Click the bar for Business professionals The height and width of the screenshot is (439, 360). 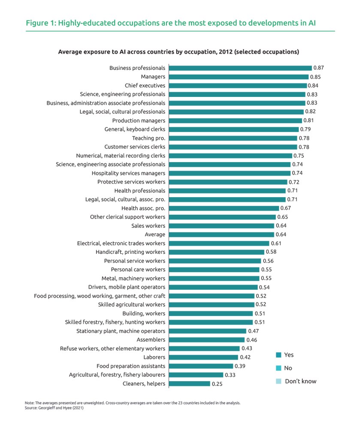tap(240, 68)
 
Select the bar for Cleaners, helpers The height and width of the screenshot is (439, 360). tap(190, 384)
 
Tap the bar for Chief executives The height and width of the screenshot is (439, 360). tap(238, 85)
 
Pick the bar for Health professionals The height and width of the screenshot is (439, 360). tap(227, 191)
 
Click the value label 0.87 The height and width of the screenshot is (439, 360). tap(319, 68)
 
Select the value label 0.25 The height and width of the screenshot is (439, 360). tap(217, 384)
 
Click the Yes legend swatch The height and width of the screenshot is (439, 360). tap(278, 355)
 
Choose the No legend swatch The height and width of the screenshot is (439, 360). tap(278, 368)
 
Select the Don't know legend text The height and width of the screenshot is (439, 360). tap(300, 381)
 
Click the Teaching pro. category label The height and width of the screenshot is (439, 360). tap(149, 138)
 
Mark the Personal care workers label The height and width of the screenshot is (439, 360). tap(138, 270)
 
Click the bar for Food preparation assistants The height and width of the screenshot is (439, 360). tap(201, 366)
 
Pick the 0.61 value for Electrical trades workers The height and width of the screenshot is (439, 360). tap(276, 243)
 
